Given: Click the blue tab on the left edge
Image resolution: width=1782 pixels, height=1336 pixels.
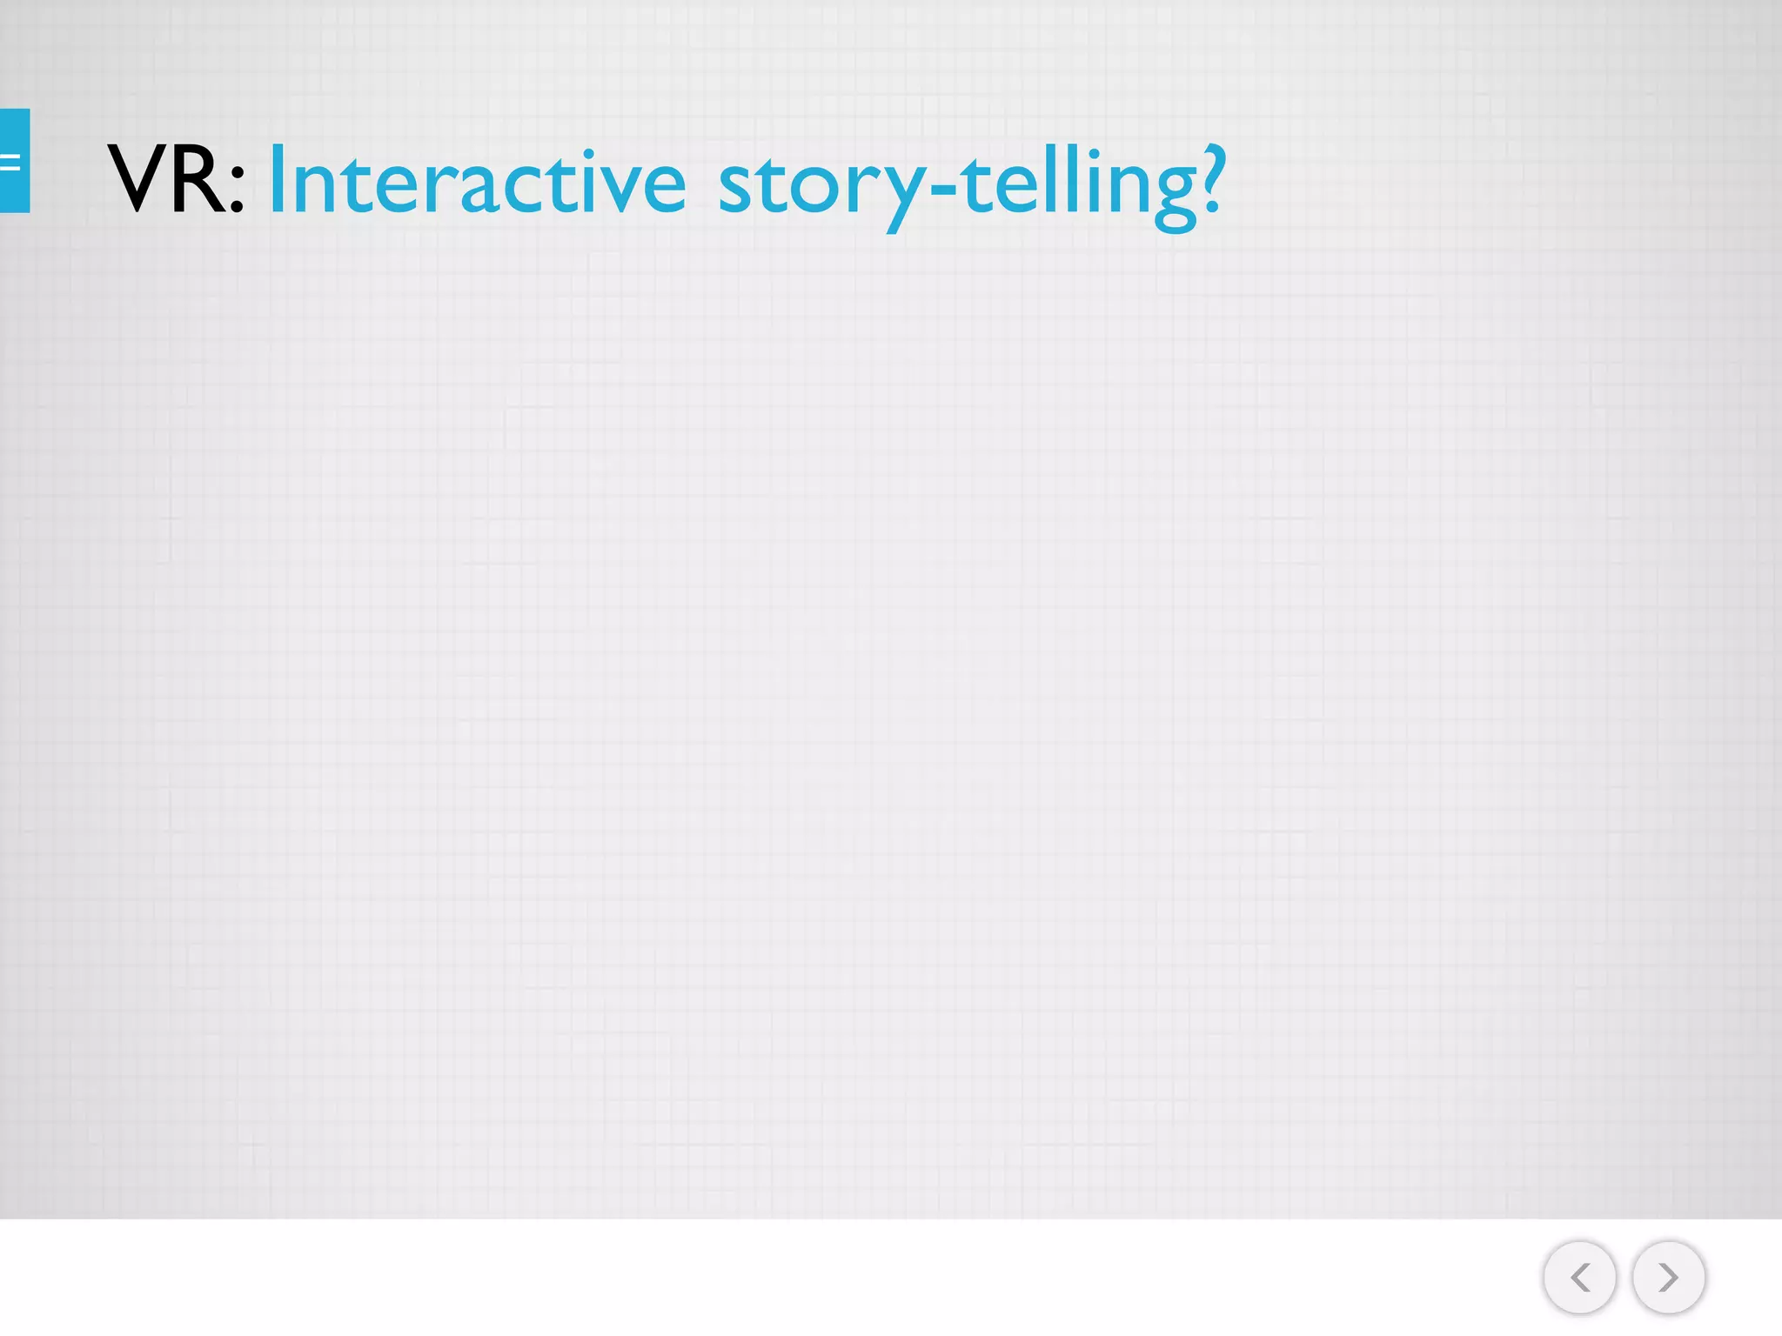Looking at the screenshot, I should click(x=15, y=161).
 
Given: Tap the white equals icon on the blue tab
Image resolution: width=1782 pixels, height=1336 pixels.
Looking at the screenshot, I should click(x=10, y=162).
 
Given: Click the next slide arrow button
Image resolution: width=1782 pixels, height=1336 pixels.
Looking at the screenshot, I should click(x=1668, y=1277).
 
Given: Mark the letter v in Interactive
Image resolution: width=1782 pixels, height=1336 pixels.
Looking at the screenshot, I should click(x=617, y=186).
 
